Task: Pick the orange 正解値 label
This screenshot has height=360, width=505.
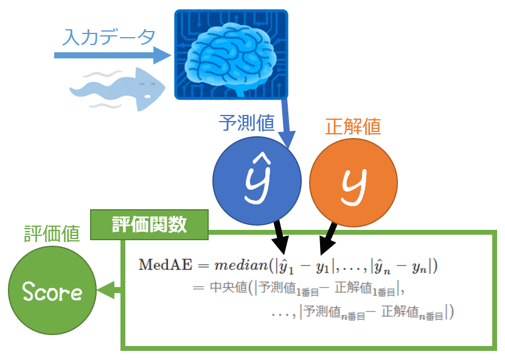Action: tap(353, 127)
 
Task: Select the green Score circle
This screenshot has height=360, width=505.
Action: tap(52, 292)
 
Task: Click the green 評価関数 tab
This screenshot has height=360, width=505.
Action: tap(149, 224)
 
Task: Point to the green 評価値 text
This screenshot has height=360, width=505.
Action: tap(52, 234)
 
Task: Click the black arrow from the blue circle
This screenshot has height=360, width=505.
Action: tap(280, 237)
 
